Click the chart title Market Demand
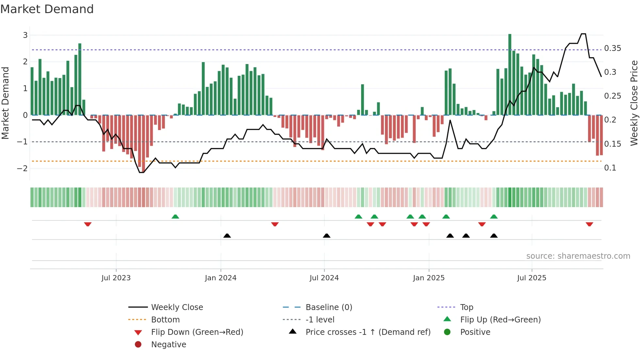pos(47,9)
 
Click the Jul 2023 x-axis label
pos(116,278)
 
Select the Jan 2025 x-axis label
pos(428,278)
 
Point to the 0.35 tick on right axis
pos(612,48)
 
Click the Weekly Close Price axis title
pos(634,103)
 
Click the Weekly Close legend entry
pos(177,307)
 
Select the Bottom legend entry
pos(165,320)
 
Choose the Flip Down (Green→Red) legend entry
pos(197,332)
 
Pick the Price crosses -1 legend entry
pos(368,332)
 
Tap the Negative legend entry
pos(168,345)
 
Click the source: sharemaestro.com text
pos(578,256)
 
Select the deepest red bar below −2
pos(143,144)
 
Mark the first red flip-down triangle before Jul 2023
pos(88,224)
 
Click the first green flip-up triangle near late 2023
pos(175,217)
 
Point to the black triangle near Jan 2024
pos(227,236)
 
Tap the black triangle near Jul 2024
pos(327,236)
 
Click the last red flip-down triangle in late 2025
pos(589,224)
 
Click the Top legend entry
pos(466,307)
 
